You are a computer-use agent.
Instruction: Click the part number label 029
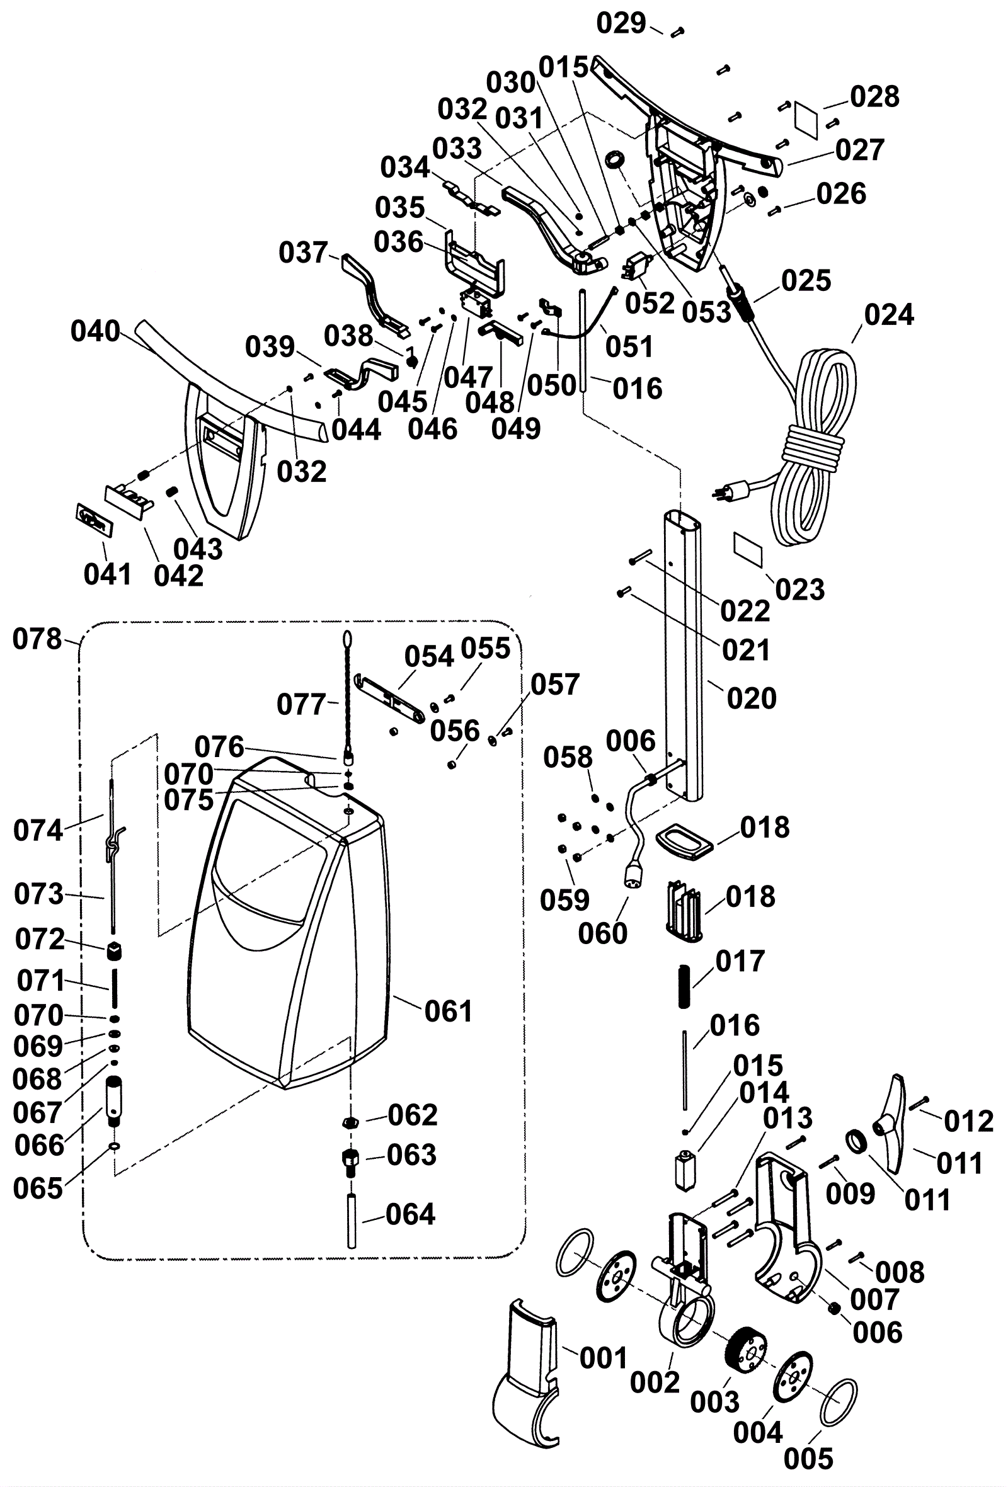click(x=621, y=24)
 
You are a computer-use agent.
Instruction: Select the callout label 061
click(x=448, y=1011)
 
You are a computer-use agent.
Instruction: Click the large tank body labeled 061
click(x=288, y=928)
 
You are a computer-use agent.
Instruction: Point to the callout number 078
click(x=37, y=639)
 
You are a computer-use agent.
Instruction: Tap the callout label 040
click(x=95, y=331)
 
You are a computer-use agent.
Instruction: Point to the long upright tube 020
click(x=683, y=652)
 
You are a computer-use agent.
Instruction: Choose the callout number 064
click(x=410, y=1214)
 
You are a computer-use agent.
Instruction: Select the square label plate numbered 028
click(x=806, y=118)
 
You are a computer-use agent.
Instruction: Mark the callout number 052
click(x=650, y=303)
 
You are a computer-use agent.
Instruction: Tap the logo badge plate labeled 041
click(x=94, y=517)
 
